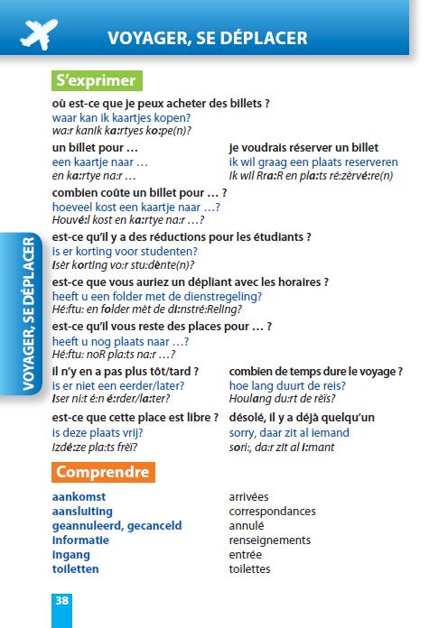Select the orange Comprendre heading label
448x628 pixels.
point(102,472)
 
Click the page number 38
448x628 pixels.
point(61,600)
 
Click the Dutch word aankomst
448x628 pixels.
point(79,497)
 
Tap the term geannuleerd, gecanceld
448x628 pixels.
point(117,526)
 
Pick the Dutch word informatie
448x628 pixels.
point(80,540)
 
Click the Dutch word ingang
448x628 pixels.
point(71,555)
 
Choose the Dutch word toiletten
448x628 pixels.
point(76,569)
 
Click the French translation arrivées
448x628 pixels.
point(248,497)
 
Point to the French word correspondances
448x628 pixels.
point(272,512)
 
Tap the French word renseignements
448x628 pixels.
point(270,540)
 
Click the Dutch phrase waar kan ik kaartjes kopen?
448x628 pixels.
point(121,118)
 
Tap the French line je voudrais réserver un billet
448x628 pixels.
point(303,147)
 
